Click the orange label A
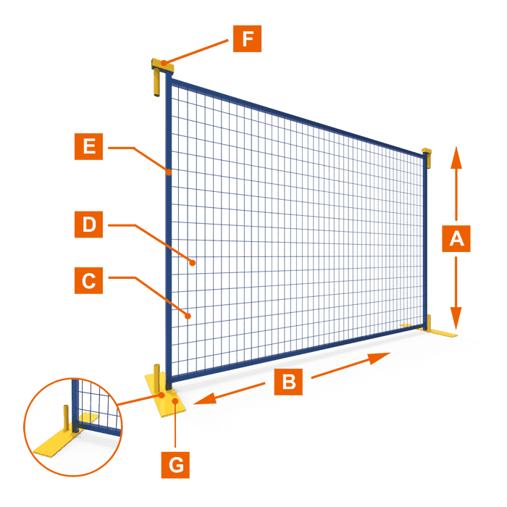[x=456, y=238]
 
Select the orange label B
[x=288, y=380]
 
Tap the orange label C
[x=88, y=280]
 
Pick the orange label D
[x=88, y=225]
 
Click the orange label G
[x=176, y=464]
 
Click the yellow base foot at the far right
[x=440, y=334]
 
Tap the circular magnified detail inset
[x=72, y=427]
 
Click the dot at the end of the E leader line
[x=169, y=172]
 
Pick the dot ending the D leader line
[x=193, y=263]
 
